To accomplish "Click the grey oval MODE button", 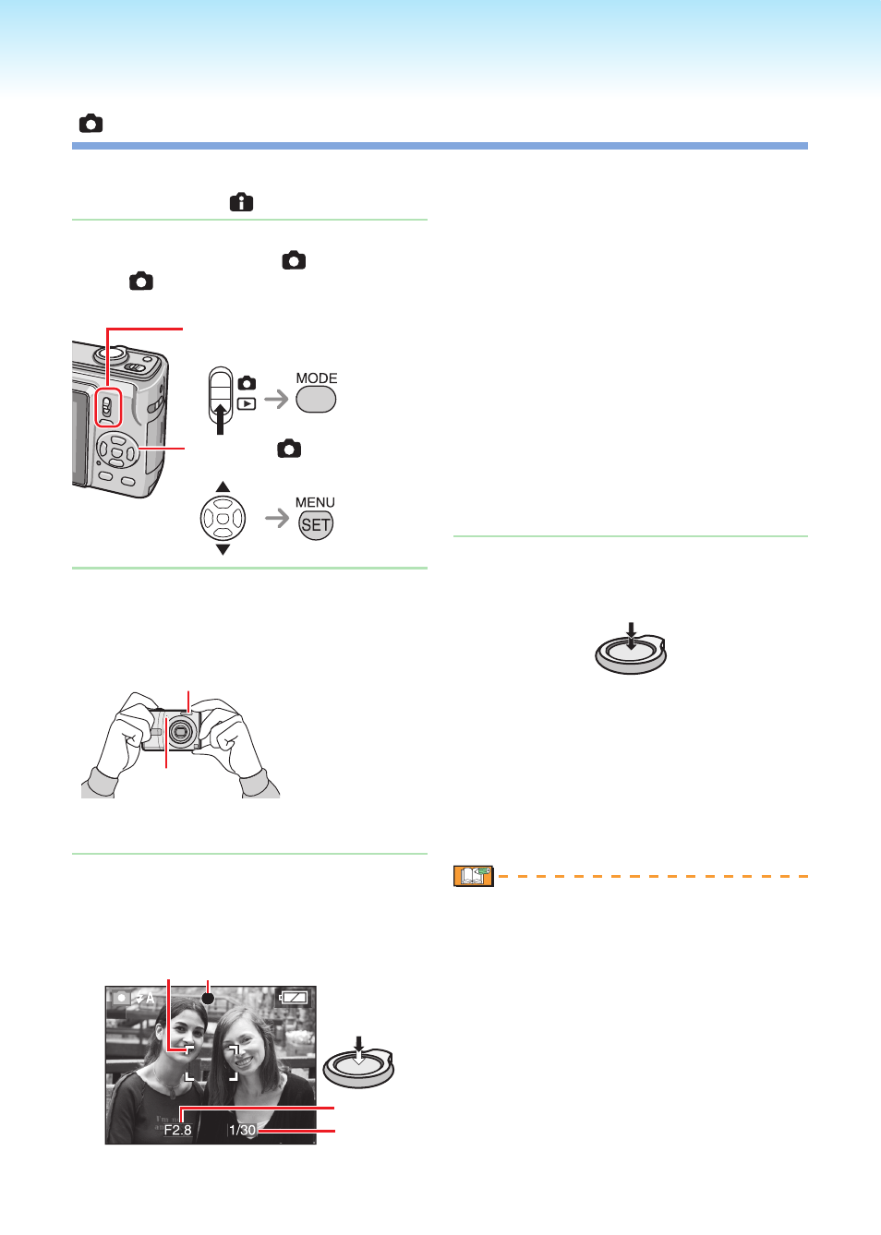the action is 316,399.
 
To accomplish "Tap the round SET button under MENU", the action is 316,524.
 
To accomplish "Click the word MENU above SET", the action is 315,502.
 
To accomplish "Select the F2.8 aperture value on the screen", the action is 177,1131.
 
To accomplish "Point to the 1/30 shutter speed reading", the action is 242,1131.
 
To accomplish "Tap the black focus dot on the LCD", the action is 208,998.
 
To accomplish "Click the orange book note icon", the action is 474,876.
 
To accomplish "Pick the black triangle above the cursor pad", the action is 223,486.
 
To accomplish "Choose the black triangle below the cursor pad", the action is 223,550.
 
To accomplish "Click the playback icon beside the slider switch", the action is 247,404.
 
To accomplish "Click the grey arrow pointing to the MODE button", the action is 277,399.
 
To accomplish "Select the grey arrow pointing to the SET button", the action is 277,518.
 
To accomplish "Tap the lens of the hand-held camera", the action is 179,731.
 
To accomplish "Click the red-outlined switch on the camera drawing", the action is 108,407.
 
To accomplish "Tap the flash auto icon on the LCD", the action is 146,998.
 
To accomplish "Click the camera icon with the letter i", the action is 242,202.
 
